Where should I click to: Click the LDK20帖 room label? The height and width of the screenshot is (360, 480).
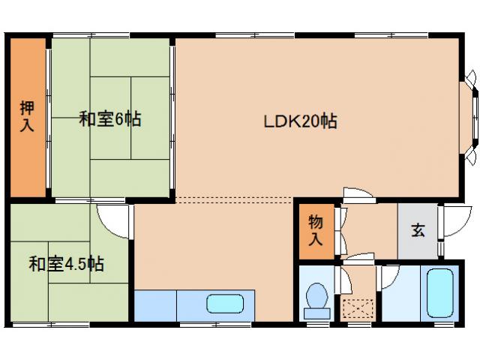(299, 121)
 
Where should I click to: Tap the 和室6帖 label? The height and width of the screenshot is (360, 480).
(110, 118)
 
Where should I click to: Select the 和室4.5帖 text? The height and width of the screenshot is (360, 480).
(66, 264)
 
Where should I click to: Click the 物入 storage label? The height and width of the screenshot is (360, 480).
(316, 230)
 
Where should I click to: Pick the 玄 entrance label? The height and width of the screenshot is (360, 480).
(417, 230)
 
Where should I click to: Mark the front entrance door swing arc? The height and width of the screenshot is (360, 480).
(453, 218)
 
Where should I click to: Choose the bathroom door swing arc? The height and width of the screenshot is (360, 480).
(388, 277)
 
